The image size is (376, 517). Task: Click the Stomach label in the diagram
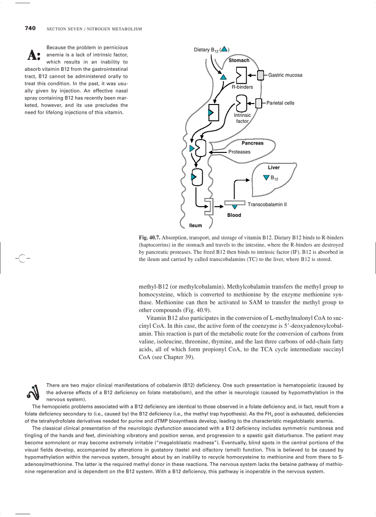pyautogui.click(x=239, y=60)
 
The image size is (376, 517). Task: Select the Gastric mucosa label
pyautogui.click(x=285, y=75)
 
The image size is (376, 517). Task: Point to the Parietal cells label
pyautogui.click(x=280, y=103)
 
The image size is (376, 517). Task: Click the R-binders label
pyautogui.click(x=242, y=87)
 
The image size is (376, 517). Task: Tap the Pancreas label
pyautogui.click(x=253, y=143)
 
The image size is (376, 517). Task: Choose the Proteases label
pyautogui.click(x=239, y=152)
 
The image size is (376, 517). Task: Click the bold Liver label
pyautogui.click(x=274, y=168)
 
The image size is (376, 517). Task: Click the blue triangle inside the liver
pyautogui.click(x=266, y=178)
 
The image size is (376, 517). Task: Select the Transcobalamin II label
pyautogui.click(x=267, y=204)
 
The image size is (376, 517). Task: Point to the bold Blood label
pyautogui.click(x=234, y=215)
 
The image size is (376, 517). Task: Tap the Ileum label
pyautogui.click(x=195, y=226)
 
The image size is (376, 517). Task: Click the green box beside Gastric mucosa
pyautogui.click(x=260, y=75)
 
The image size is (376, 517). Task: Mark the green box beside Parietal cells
pyautogui.click(x=258, y=103)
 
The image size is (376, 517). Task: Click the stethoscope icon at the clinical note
pyautogui.click(x=34, y=392)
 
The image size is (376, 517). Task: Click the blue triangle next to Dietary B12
pyautogui.click(x=223, y=49)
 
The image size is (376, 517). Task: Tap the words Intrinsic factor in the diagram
pyautogui.click(x=242, y=118)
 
